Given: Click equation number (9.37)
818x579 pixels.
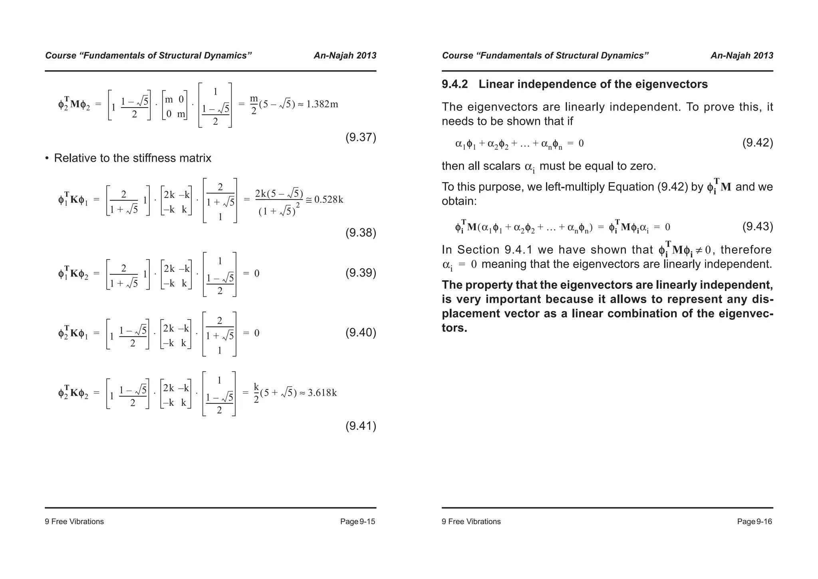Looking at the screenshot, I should (x=361, y=138).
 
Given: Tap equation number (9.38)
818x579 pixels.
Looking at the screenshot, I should (x=361, y=233).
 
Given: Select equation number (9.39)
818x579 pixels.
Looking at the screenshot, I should (x=361, y=273).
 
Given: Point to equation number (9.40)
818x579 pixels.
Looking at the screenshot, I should (x=361, y=333).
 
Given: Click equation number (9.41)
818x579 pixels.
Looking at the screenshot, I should (x=361, y=426).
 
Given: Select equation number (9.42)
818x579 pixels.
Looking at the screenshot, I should (x=757, y=143).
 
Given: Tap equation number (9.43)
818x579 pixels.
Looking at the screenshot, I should (x=757, y=227).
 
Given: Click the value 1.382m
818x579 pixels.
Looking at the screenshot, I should (x=322, y=104).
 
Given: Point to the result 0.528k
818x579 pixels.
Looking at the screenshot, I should (x=329, y=200).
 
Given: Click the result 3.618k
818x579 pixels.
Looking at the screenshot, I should (x=322, y=393).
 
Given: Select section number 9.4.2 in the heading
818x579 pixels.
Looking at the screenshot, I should (x=455, y=84).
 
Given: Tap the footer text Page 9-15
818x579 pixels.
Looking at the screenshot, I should (x=357, y=521).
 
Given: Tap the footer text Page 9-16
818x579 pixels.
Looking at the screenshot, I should (x=754, y=521).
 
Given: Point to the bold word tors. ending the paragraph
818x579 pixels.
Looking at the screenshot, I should (x=454, y=328).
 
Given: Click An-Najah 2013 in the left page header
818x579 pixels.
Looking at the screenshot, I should (x=345, y=56).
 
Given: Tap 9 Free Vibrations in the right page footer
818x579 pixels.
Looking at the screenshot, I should (x=471, y=521).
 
